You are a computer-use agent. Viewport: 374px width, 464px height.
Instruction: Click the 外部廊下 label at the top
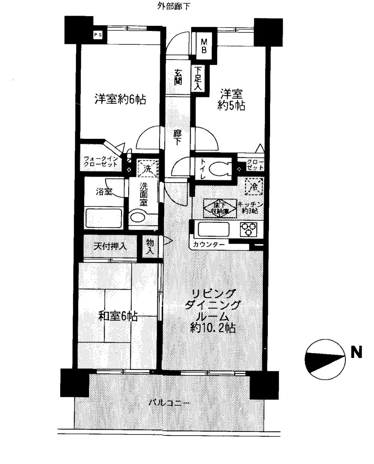(173, 7)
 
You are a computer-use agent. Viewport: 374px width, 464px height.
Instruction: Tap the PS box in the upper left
(98, 35)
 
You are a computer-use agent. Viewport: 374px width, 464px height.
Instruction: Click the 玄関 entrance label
(178, 77)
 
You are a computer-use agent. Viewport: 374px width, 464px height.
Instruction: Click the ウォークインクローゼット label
(101, 161)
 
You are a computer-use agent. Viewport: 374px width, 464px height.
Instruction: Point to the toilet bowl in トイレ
(219, 168)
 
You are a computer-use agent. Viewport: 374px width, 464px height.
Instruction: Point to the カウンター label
(209, 245)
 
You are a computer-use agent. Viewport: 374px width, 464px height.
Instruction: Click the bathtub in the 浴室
(104, 218)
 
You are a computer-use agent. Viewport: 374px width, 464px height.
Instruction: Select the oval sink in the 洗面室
(139, 217)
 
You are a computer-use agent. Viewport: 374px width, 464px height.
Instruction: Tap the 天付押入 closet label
(110, 246)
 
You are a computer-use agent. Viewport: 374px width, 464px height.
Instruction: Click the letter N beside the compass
(356, 352)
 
